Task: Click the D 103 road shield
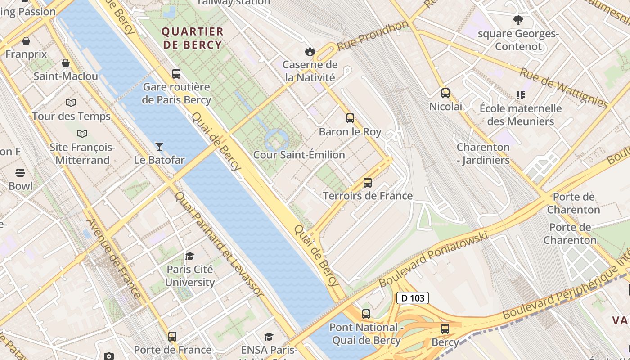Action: pos(412,298)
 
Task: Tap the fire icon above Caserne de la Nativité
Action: pos(310,51)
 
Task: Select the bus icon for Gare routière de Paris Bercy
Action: pos(176,73)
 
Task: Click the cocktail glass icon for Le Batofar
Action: pos(159,146)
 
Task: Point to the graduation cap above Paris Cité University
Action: pos(189,256)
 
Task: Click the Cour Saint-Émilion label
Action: pos(299,155)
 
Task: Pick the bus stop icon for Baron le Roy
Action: pos(350,118)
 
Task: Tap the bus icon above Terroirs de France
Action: pos(368,182)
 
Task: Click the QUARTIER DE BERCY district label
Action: pos(192,38)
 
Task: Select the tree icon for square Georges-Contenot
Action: pos(518,20)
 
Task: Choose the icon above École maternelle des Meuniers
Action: pos(521,95)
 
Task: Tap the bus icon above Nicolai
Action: pos(445,93)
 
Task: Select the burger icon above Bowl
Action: pos(20,173)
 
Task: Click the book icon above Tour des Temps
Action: pos(71,103)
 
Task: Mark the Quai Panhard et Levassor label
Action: pos(219,244)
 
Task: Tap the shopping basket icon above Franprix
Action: pos(26,41)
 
